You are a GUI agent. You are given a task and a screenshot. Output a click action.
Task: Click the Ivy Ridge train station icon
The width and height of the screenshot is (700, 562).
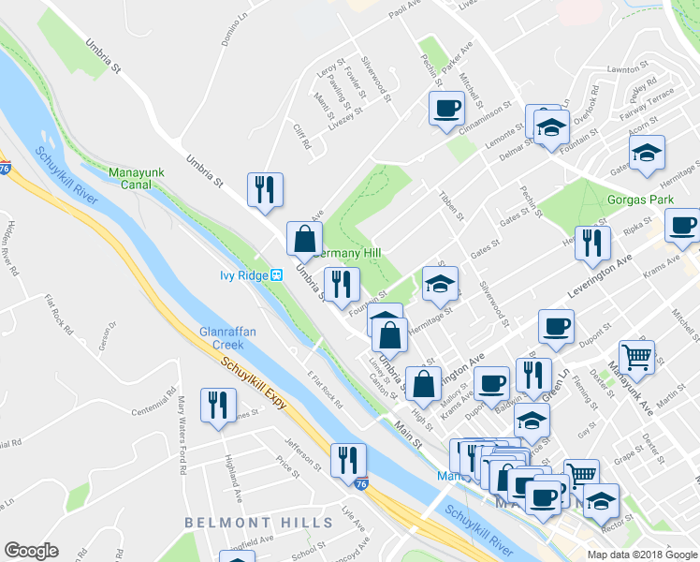coord(277,275)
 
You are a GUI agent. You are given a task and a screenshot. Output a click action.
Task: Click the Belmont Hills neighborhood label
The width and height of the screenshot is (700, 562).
coord(241,522)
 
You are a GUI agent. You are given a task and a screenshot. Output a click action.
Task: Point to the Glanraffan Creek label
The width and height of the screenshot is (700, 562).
coord(221,337)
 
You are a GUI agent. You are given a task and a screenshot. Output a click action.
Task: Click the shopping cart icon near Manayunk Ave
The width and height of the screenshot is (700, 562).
coord(636,355)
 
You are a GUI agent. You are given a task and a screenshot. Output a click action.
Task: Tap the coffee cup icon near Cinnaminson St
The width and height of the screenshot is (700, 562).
coord(446,107)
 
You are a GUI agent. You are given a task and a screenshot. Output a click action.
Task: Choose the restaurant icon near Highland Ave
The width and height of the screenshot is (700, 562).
coord(218,406)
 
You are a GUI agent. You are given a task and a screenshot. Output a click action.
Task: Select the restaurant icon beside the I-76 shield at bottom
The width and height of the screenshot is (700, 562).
coord(348,459)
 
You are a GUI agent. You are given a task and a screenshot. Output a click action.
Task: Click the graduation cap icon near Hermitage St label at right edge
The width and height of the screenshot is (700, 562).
coord(647,153)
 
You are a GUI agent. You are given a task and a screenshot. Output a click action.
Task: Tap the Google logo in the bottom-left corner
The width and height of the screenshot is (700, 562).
coord(32,551)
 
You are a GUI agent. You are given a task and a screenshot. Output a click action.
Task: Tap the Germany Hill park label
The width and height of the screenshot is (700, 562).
coord(348,253)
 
